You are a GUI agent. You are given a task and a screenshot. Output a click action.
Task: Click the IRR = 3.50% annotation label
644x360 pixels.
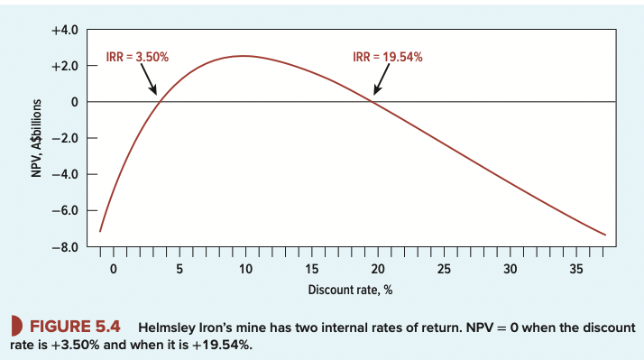(133, 57)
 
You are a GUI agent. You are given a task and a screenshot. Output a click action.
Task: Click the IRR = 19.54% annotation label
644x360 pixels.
(388, 57)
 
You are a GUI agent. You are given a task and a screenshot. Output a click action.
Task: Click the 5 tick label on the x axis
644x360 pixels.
(179, 269)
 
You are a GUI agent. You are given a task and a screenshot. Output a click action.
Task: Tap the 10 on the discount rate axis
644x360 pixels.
(245, 269)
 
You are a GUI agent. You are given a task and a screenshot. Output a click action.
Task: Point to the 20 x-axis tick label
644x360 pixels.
(378, 269)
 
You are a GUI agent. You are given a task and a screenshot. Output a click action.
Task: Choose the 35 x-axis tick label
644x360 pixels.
(576, 269)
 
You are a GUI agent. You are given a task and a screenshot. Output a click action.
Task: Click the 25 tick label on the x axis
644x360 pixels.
(444, 269)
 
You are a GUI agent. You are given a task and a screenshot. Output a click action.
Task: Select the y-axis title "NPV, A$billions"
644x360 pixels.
(37, 138)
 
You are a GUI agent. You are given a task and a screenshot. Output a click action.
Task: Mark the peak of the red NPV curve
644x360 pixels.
(244, 56)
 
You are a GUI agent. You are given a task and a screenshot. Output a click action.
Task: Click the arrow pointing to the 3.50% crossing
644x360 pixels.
(146, 80)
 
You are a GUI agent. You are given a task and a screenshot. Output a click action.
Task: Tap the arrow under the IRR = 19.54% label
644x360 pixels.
(380, 82)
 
